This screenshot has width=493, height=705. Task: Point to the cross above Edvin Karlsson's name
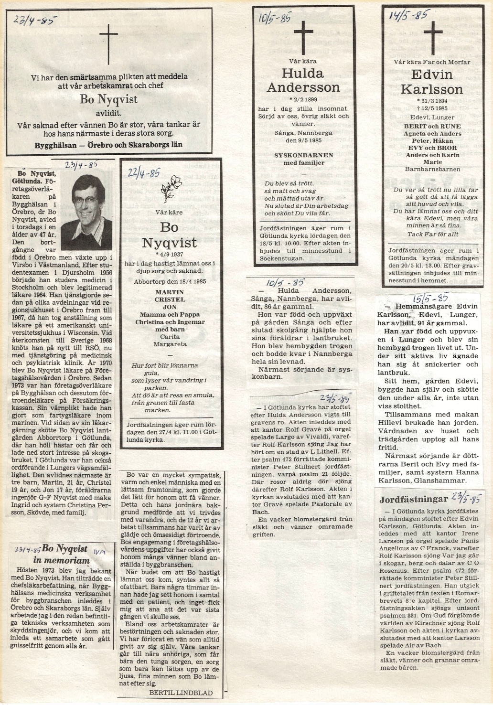[x=432, y=34]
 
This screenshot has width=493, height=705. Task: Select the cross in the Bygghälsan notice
[x=108, y=44]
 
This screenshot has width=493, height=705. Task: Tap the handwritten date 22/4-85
[x=144, y=172]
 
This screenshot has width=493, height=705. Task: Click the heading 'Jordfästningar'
[x=413, y=500]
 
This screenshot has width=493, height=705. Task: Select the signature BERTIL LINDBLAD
[x=181, y=693]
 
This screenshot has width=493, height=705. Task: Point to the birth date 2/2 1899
[x=302, y=100]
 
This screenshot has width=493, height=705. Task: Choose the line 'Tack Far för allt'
[x=432, y=234]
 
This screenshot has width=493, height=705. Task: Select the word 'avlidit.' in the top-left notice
[x=108, y=114]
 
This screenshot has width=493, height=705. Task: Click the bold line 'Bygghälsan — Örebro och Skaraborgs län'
[x=108, y=144]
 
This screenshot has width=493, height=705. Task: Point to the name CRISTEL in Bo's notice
[x=170, y=299]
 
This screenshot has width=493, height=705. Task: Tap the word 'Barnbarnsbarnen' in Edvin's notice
[x=432, y=169]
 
